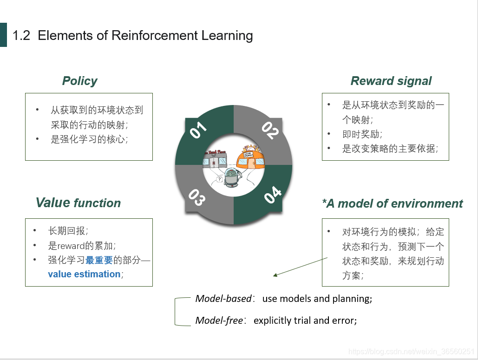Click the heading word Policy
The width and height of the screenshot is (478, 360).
(79, 81)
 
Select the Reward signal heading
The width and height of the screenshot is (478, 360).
(391, 81)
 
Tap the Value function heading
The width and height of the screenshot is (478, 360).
(78, 203)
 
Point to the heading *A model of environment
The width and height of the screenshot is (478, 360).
(392, 203)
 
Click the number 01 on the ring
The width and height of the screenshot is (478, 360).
(198, 131)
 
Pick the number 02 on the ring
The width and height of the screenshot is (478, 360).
(269, 131)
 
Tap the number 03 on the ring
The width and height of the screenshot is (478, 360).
(197, 197)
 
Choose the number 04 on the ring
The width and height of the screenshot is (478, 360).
(272, 195)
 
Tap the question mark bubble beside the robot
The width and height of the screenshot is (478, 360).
(219, 178)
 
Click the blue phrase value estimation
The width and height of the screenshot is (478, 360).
(84, 274)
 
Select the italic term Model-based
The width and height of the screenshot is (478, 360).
(223, 299)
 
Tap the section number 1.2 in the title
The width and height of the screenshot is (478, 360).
(21, 35)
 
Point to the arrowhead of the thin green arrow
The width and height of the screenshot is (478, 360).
(275, 275)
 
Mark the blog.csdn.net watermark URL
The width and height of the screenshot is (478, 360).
(411, 352)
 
